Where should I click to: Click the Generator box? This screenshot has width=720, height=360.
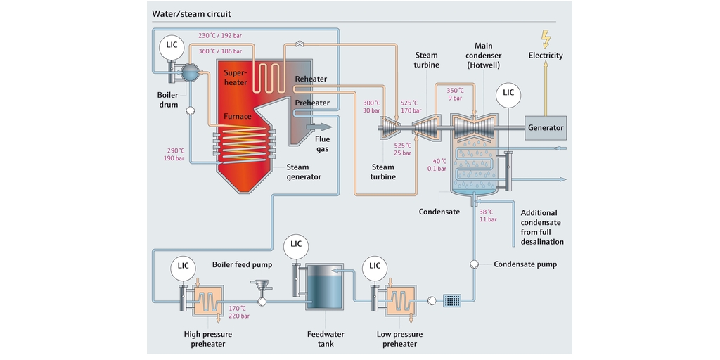546,128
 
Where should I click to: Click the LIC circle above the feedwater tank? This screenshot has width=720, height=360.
296,244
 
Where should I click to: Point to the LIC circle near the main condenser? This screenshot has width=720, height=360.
508,93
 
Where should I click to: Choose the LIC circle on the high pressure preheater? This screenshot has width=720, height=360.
183,266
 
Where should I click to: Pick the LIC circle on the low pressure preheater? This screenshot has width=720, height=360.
374,266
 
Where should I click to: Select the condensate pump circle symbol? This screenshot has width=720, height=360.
473,264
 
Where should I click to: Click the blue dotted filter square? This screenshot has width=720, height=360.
453,301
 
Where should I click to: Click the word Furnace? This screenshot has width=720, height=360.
238,117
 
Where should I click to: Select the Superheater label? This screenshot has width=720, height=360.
236,77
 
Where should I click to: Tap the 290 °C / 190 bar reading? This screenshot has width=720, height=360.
175,154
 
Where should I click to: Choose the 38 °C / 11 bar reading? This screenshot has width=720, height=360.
487,216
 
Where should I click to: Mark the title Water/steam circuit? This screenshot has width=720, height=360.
191,13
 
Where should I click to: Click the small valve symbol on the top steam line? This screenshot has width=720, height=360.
300,44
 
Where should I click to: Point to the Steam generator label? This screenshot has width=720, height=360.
304,172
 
